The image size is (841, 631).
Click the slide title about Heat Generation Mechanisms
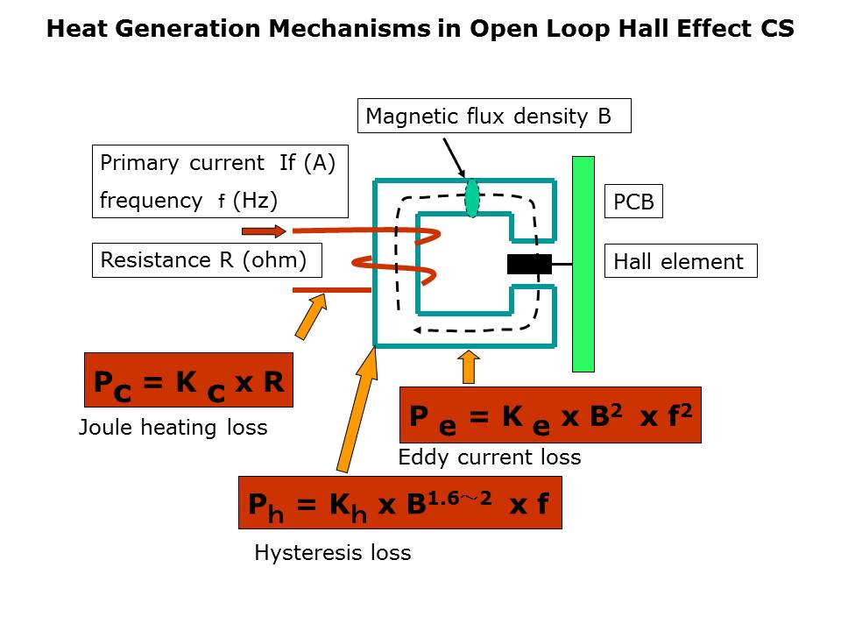coord(420,29)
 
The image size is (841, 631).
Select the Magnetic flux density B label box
coord(494,116)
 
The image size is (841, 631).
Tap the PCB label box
coord(633,202)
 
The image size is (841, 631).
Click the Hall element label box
coord(680,261)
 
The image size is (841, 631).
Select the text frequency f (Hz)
coord(188,201)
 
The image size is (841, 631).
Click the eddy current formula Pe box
coord(550,415)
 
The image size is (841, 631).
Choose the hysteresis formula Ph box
coord(399,503)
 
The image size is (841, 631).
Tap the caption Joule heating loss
coord(173,428)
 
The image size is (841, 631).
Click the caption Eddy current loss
coord(489,457)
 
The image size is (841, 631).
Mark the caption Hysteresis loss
coord(332,553)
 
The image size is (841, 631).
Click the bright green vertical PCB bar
coord(583,264)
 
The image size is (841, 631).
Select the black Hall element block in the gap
coord(529,264)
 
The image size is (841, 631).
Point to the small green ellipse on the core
coord(472,198)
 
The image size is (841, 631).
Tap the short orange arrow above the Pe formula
coord(469,366)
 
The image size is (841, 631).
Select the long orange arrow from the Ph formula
coord(357,408)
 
